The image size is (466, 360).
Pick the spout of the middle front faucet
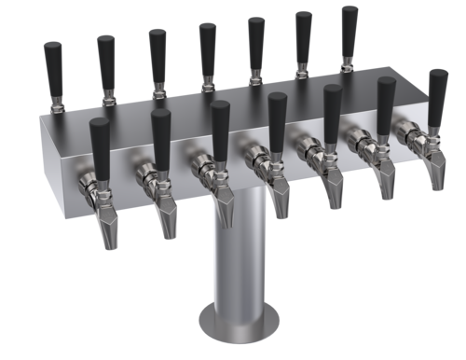pyautogui.click(x=280, y=197)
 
